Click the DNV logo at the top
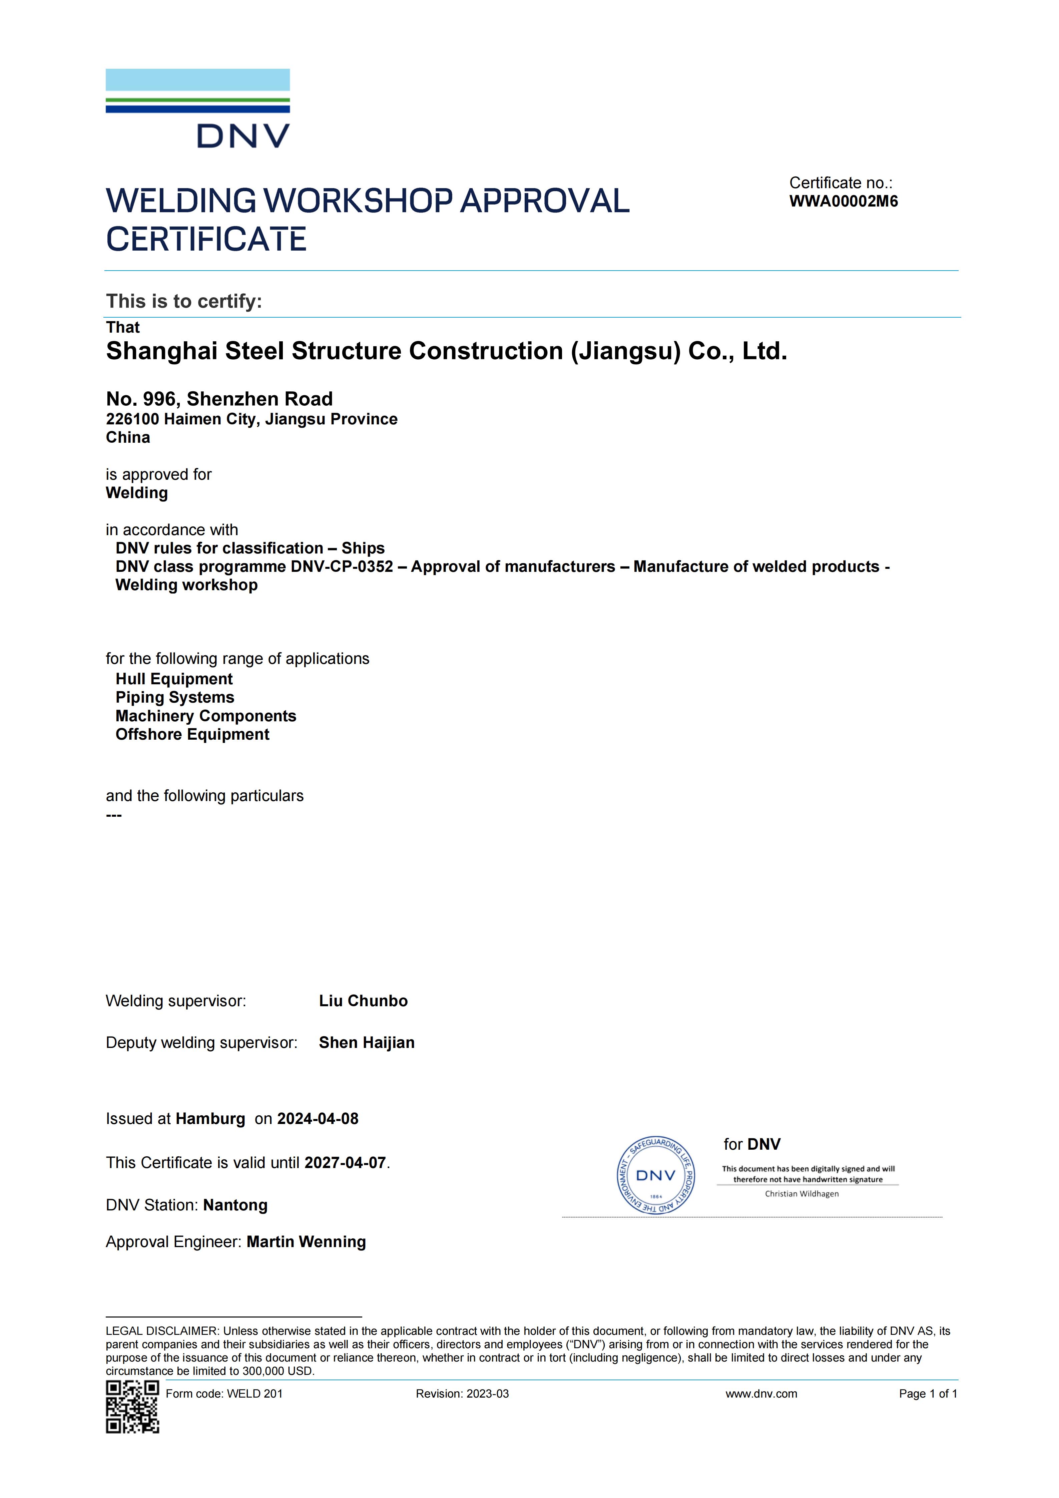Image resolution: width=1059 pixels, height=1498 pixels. (x=197, y=108)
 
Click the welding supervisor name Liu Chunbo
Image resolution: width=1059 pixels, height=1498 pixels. (x=363, y=1001)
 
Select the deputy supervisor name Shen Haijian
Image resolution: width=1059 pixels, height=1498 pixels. (x=367, y=1043)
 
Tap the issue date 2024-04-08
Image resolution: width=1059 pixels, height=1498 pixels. (x=318, y=1119)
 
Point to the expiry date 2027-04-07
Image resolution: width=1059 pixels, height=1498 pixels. (x=345, y=1163)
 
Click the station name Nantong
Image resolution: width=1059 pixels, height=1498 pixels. (x=235, y=1205)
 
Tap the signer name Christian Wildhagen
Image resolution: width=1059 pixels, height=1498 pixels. (x=802, y=1194)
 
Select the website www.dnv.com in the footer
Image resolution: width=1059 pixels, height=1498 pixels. (x=761, y=1394)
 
